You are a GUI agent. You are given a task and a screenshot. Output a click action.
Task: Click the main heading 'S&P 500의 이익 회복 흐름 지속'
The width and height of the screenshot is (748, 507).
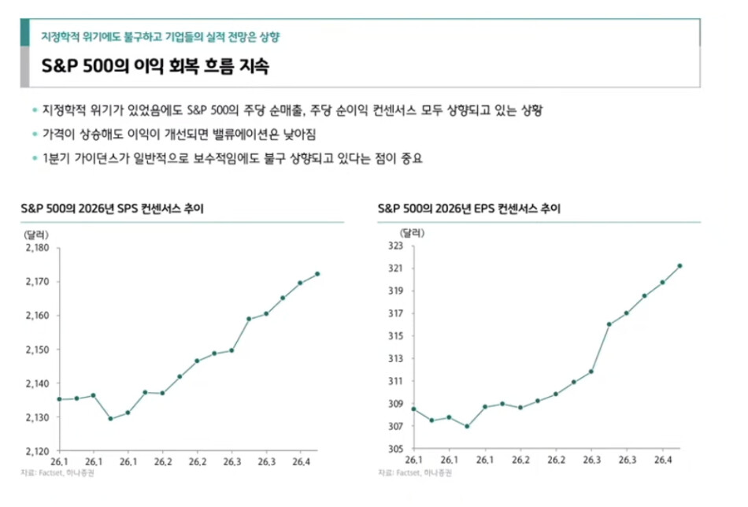click(x=155, y=66)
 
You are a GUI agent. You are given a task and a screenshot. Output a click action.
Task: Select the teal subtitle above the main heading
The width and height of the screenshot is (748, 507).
click(x=161, y=37)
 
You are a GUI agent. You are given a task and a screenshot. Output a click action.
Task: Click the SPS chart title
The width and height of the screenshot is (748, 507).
click(x=112, y=209)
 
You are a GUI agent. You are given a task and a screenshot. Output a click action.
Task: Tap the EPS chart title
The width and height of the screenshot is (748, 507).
click(x=469, y=209)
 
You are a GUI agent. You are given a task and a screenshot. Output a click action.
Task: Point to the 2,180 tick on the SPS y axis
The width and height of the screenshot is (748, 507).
click(x=37, y=247)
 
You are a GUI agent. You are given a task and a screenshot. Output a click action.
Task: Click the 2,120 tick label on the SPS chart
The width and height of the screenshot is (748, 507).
click(x=37, y=451)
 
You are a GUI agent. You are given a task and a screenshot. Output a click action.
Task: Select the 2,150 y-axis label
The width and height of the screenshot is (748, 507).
click(x=37, y=349)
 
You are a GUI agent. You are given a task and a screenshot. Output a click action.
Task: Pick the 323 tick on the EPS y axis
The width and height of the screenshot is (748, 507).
click(x=395, y=246)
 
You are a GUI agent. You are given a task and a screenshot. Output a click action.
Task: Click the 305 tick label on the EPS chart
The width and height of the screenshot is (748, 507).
click(x=395, y=449)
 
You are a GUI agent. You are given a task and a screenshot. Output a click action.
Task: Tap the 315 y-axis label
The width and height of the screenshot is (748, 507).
click(x=395, y=336)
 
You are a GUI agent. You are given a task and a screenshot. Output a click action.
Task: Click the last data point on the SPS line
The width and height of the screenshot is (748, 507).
click(x=317, y=274)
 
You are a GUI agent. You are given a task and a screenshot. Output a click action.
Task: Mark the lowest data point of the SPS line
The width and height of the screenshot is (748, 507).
click(x=111, y=419)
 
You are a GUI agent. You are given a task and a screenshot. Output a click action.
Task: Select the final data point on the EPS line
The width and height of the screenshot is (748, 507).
click(x=679, y=265)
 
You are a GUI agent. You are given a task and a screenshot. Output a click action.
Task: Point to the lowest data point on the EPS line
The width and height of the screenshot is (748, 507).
click(x=467, y=427)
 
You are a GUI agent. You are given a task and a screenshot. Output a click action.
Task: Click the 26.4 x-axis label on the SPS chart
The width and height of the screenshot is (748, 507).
click(x=301, y=461)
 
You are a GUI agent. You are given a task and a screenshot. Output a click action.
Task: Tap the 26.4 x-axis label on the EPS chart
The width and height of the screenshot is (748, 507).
click(x=663, y=460)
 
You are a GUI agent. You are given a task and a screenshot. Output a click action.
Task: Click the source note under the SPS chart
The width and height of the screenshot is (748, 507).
click(x=57, y=472)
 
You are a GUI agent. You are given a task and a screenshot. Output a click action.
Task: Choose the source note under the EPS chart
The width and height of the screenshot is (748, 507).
click(x=414, y=472)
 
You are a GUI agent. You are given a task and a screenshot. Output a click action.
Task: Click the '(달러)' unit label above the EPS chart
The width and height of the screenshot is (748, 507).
click(x=412, y=233)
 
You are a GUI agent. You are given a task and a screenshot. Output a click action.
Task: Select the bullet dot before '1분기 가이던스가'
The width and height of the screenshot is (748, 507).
click(x=35, y=158)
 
